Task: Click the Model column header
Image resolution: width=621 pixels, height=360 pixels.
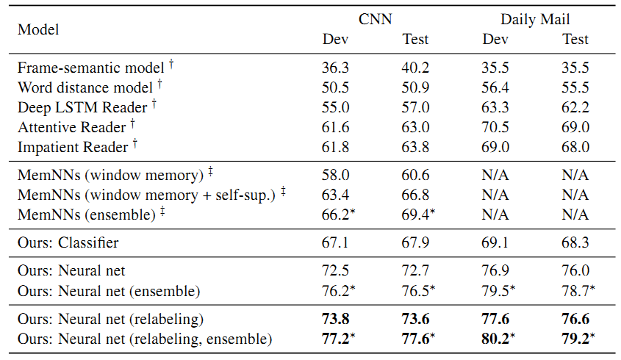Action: pyautogui.click(x=38, y=29)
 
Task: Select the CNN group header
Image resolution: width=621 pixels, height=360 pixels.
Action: pyautogui.click(x=375, y=19)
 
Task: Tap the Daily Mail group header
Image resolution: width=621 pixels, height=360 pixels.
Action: pyautogui.click(x=535, y=19)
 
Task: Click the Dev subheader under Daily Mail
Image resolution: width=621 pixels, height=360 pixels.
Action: pyautogui.click(x=495, y=39)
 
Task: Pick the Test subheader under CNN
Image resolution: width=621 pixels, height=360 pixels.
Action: pyautogui.click(x=415, y=39)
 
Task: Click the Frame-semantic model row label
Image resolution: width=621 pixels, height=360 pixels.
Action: pyautogui.click(x=90, y=68)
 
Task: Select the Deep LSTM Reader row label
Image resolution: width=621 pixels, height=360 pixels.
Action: pyautogui.click(x=82, y=107)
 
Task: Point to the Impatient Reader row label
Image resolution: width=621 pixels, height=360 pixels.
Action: pyautogui.click(x=73, y=147)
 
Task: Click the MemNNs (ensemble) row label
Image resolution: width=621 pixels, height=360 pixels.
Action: pyautogui.click(x=87, y=215)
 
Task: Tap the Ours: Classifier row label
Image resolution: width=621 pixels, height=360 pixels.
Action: pyautogui.click(x=68, y=242)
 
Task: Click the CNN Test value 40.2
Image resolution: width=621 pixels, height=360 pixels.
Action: pyautogui.click(x=415, y=68)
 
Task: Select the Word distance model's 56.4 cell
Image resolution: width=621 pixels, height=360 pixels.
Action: pyautogui.click(x=495, y=87)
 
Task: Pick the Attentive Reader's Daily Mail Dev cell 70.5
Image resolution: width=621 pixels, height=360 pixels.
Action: pyautogui.click(x=495, y=127)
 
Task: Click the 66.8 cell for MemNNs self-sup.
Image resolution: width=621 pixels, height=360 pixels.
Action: pyautogui.click(x=415, y=195)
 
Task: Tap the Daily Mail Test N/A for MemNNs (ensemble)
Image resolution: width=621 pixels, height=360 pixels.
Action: pyautogui.click(x=575, y=215)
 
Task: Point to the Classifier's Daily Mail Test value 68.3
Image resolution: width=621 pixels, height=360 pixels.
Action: pyautogui.click(x=575, y=242)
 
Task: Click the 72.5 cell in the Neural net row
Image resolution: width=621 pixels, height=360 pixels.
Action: pyautogui.click(x=335, y=270)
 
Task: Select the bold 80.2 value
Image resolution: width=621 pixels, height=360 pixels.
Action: pyautogui.click(x=495, y=339)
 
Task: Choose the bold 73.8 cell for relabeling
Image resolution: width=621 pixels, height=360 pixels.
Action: pyautogui.click(x=335, y=319)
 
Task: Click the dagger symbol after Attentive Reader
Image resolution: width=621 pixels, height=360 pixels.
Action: pyautogui.click(x=133, y=124)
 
